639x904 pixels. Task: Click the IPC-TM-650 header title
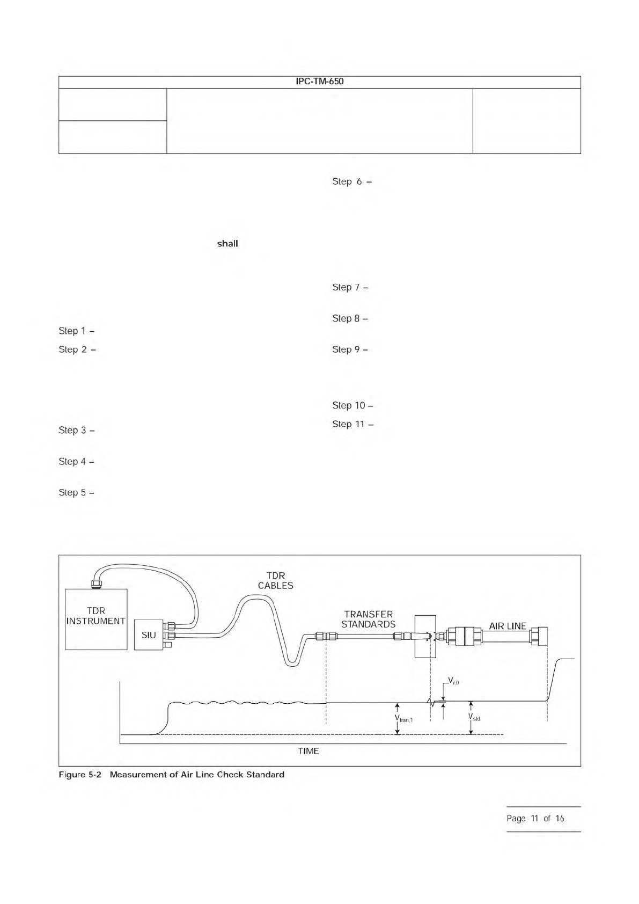point(319,82)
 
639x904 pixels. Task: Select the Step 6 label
point(352,181)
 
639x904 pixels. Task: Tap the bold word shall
point(227,244)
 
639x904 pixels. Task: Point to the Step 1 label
point(76,331)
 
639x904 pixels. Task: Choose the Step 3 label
point(76,430)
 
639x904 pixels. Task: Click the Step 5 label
point(76,492)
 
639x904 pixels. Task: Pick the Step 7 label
point(350,287)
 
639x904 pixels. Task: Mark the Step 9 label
point(350,349)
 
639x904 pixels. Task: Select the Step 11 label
point(352,424)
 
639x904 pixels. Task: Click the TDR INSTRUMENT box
point(96,619)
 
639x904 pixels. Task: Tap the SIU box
point(149,635)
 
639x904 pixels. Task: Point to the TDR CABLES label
point(276,581)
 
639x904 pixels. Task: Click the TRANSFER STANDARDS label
point(368,619)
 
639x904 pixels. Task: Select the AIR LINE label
point(508,626)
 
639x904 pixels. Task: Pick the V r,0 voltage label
point(453,682)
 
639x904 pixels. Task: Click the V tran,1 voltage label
point(403,718)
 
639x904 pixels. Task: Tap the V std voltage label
point(474,717)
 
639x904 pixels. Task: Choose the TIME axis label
point(309,751)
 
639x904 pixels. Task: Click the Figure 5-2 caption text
point(172,775)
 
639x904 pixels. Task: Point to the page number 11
point(534,819)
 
